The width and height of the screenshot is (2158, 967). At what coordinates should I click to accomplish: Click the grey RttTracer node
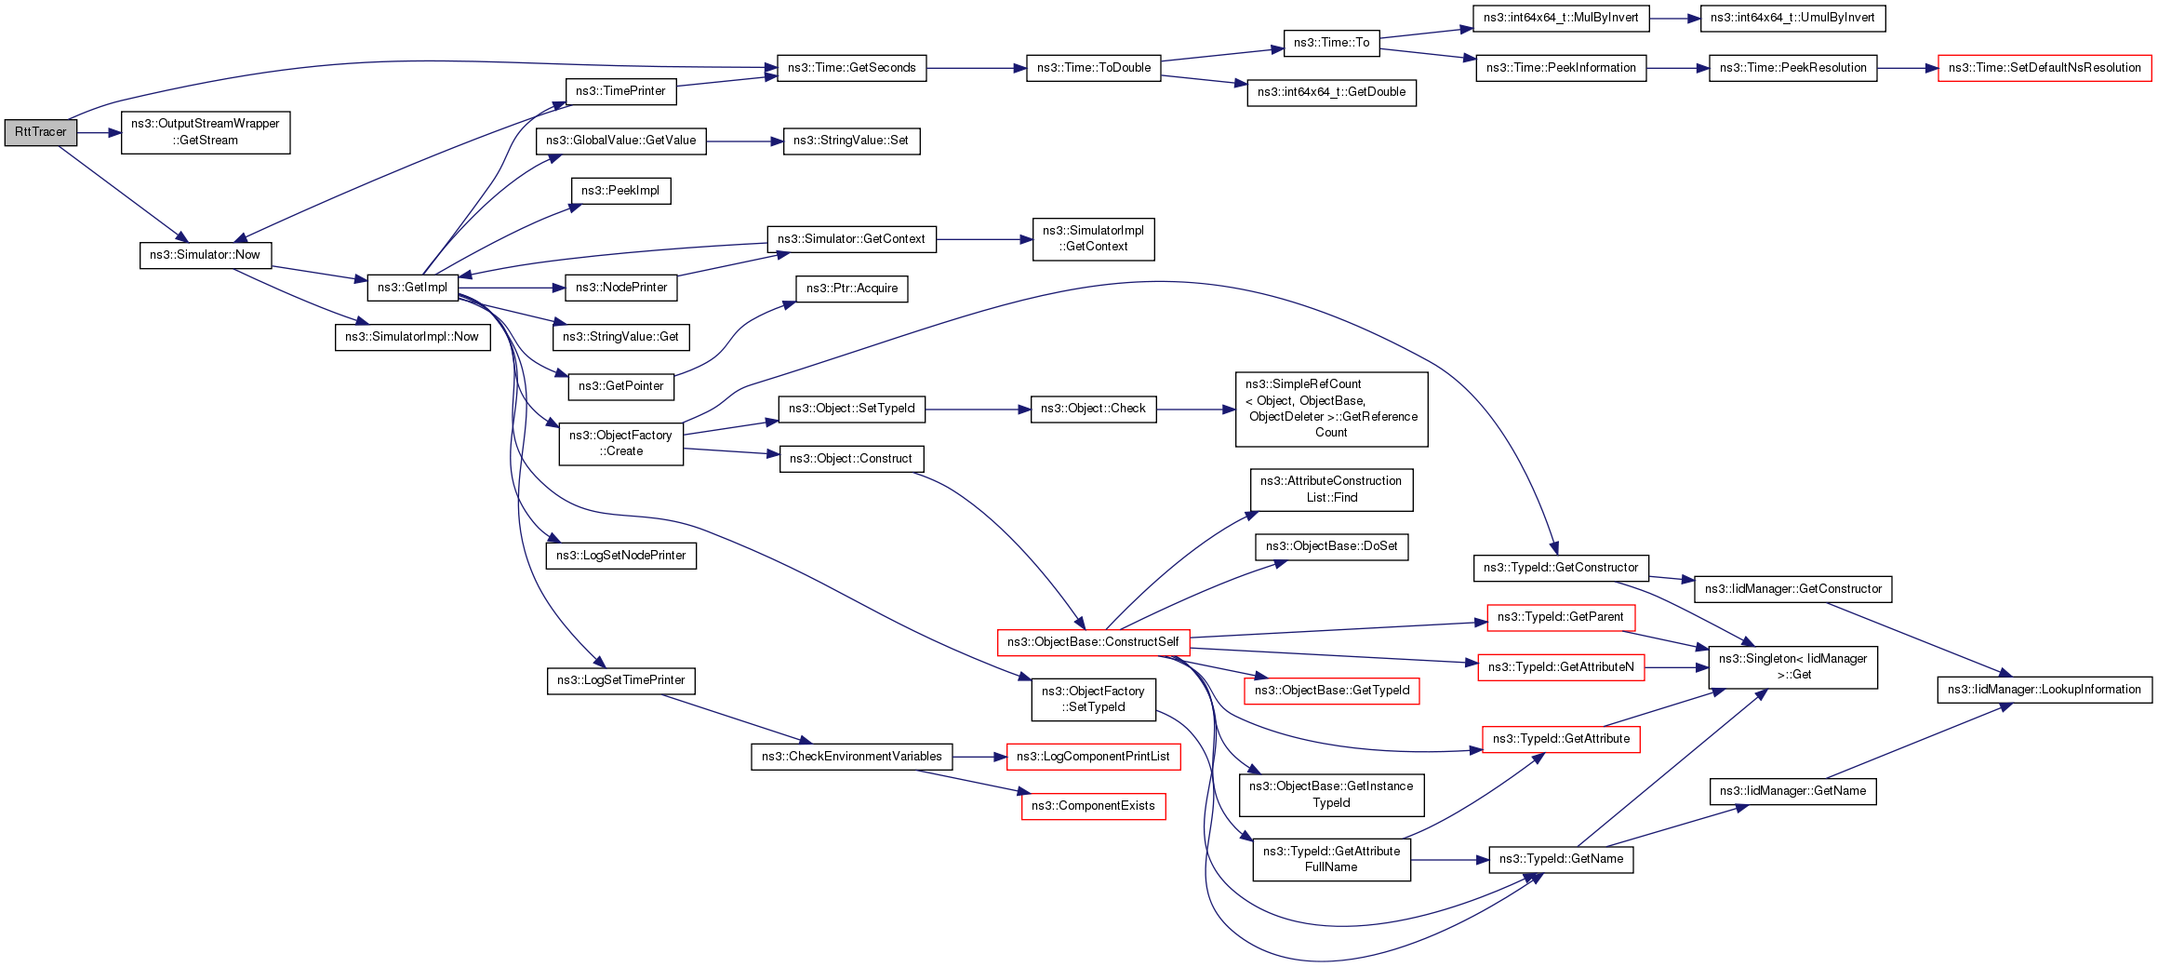point(40,132)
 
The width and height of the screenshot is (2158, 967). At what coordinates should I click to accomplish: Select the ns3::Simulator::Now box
point(206,255)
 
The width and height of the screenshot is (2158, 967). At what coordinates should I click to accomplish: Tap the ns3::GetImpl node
point(412,288)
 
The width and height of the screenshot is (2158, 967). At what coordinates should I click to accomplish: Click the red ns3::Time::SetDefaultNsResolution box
point(2045,68)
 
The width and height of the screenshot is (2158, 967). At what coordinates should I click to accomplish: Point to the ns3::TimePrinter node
point(620,91)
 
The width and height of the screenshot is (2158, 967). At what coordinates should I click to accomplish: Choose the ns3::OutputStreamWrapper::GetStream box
point(206,132)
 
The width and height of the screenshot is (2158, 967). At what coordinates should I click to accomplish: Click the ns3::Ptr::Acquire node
point(851,289)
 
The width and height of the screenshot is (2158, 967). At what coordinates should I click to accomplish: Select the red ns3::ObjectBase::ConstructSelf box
point(1093,642)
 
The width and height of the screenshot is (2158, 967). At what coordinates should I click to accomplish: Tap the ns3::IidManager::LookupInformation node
point(2045,690)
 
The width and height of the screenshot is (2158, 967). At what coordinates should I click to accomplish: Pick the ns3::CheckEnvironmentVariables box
point(851,757)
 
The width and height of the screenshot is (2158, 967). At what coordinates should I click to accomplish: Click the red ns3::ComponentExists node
point(1093,806)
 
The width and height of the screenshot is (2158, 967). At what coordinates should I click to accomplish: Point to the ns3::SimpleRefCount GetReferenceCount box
point(1331,409)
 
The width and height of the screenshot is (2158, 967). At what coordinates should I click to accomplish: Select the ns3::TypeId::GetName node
point(1561,859)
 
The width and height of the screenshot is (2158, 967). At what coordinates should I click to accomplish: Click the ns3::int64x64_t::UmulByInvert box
point(1792,18)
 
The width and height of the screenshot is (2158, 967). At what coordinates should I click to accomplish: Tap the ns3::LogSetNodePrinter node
point(620,556)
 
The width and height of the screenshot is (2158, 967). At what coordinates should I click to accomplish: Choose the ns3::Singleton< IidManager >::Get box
point(1792,666)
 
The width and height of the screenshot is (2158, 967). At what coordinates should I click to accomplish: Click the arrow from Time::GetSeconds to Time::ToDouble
point(976,68)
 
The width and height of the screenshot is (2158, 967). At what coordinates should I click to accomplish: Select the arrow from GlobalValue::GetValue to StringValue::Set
point(744,141)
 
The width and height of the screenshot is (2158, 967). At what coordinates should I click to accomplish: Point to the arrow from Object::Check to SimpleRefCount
point(1195,409)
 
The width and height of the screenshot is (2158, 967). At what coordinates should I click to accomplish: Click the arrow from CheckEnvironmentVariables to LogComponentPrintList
point(979,757)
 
